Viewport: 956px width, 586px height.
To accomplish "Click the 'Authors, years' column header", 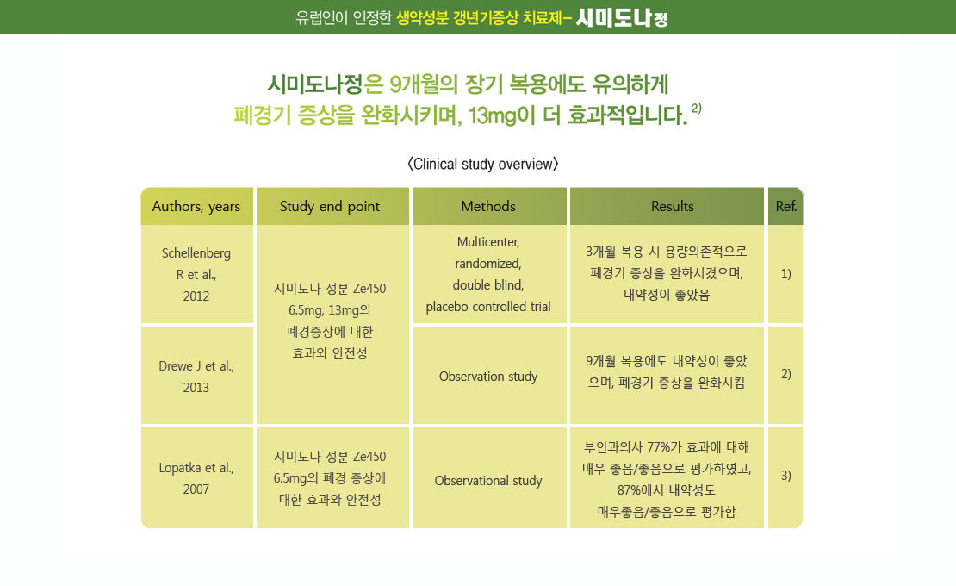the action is pyautogui.click(x=196, y=206).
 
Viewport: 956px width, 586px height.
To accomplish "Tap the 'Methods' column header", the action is pyautogui.click(x=489, y=206).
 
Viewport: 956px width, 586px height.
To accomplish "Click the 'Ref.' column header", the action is pyautogui.click(x=785, y=206).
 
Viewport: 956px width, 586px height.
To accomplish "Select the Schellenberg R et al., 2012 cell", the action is pyautogui.click(x=196, y=274).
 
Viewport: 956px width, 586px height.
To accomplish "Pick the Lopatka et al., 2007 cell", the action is pyautogui.click(x=196, y=478).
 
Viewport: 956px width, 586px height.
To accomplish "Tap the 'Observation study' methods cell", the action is pyautogui.click(x=489, y=377).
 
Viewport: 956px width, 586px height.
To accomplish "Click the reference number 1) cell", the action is pyautogui.click(x=785, y=274).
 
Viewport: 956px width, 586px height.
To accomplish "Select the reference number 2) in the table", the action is pyautogui.click(x=785, y=374).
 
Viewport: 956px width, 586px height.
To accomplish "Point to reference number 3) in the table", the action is pyautogui.click(x=785, y=476).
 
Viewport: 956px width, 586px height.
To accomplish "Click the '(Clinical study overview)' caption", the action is pyautogui.click(x=483, y=164).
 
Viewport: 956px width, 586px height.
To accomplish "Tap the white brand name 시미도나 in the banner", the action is pyautogui.click(x=613, y=18).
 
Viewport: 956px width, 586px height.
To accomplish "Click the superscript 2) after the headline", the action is pyautogui.click(x=696, y=109).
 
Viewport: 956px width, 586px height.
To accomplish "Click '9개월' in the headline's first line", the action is pyautogui.click(x=414, y=84).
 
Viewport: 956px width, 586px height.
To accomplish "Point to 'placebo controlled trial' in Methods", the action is pyautogui.click(x=488, y=307).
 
